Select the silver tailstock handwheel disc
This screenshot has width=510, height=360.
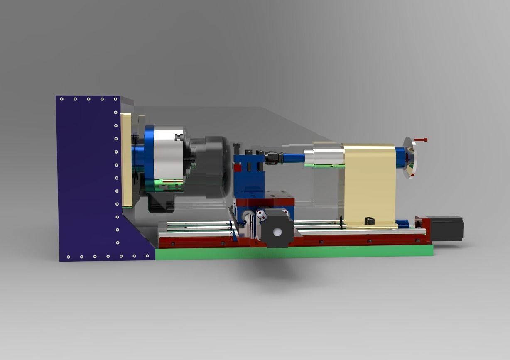[x=409, y=158]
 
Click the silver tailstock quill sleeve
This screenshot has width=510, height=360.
[x=324, y=157]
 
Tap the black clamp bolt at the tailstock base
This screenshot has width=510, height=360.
[x=367, y=220]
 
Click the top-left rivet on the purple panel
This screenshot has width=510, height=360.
[x=61, y=99]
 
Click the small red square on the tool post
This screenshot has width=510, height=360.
[x=238, y=168]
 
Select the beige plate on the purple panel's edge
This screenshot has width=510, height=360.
[x=126, y=160]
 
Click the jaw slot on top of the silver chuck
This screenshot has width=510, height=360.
[x=179, y=137]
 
